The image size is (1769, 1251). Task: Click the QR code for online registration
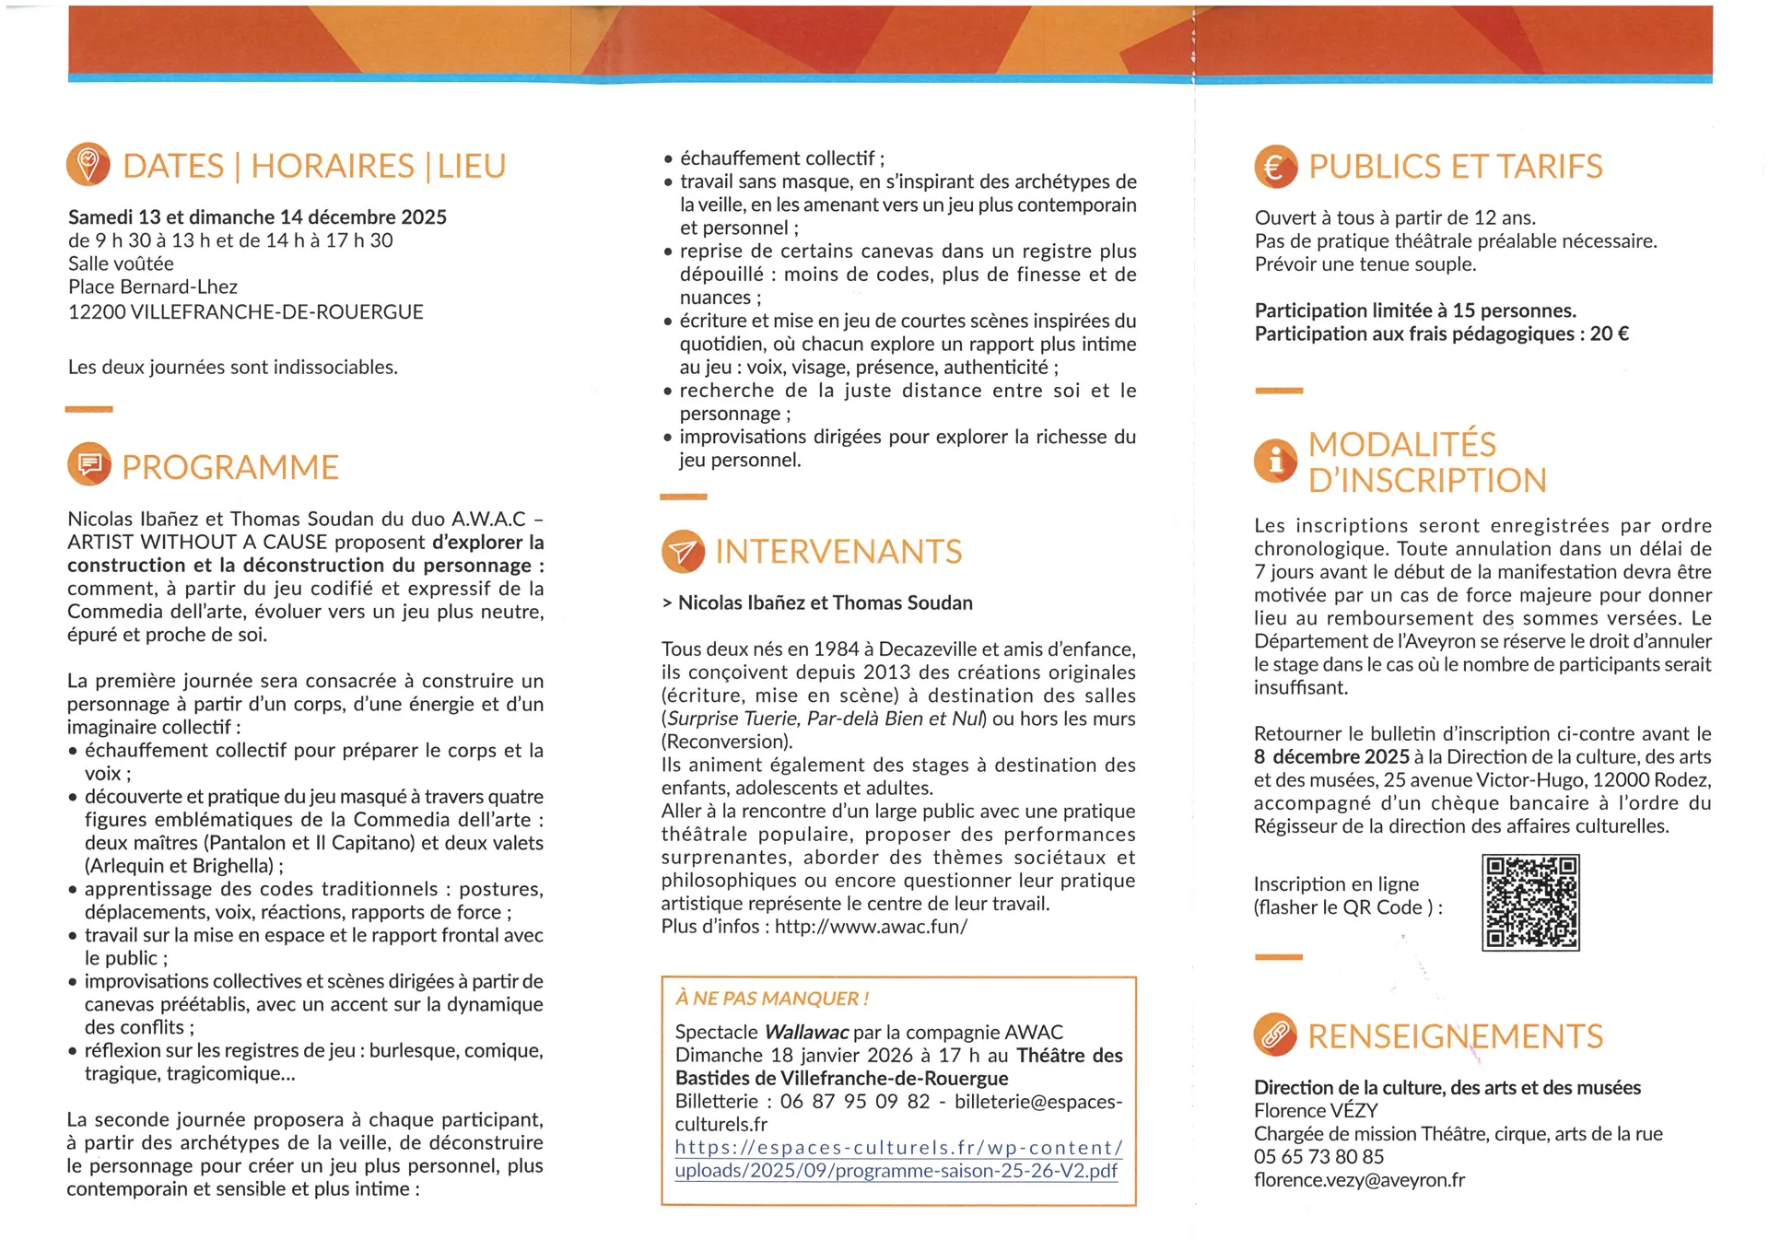pyautogui.click(x=1530, y=902)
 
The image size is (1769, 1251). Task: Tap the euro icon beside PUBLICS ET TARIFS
pyautogui.click(x=1275, y=167)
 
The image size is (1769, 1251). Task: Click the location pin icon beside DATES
pyautogui.click(x=88, y=165)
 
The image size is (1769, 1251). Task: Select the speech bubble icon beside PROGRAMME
pyautogui.click(x=88, y=465)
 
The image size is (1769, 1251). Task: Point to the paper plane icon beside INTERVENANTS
pyautogui.click(x=683, y=551)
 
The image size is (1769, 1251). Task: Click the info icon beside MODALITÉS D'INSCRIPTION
pyautogui.click(x=1275, y=460)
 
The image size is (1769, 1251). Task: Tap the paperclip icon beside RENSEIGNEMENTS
pyautogui.click(x=1275, y=1035)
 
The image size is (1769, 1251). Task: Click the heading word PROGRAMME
pyautogui.click(x=230, y=467)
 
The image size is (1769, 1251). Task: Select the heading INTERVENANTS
pyautogui.click(x=838, y=552)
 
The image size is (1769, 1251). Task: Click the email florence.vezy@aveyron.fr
pyautogui.click(x=1359, y=1180)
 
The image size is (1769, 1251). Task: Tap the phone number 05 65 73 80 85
pyautogui.click(x=1318, y=1157)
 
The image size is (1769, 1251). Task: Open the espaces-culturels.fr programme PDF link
pyautogui.click(x=898, y=1160)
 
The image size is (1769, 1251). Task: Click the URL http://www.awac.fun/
pyautogui.click(x=871, y=927)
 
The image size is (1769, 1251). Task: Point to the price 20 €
pyautogui.click(x=1609, y=333)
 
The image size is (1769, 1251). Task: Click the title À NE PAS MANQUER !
pyautogui.click(x=772, y=999)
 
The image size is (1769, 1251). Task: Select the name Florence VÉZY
pyautogui.click(x=1316, y=1111)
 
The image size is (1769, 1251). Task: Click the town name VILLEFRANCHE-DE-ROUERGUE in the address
pyautogui.click(x=276, y=312)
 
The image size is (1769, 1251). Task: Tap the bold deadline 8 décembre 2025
pyautogui.click(x=1331, y=757)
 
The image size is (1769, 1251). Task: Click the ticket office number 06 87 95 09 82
pyautogui.click(x=854, y=1102)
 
